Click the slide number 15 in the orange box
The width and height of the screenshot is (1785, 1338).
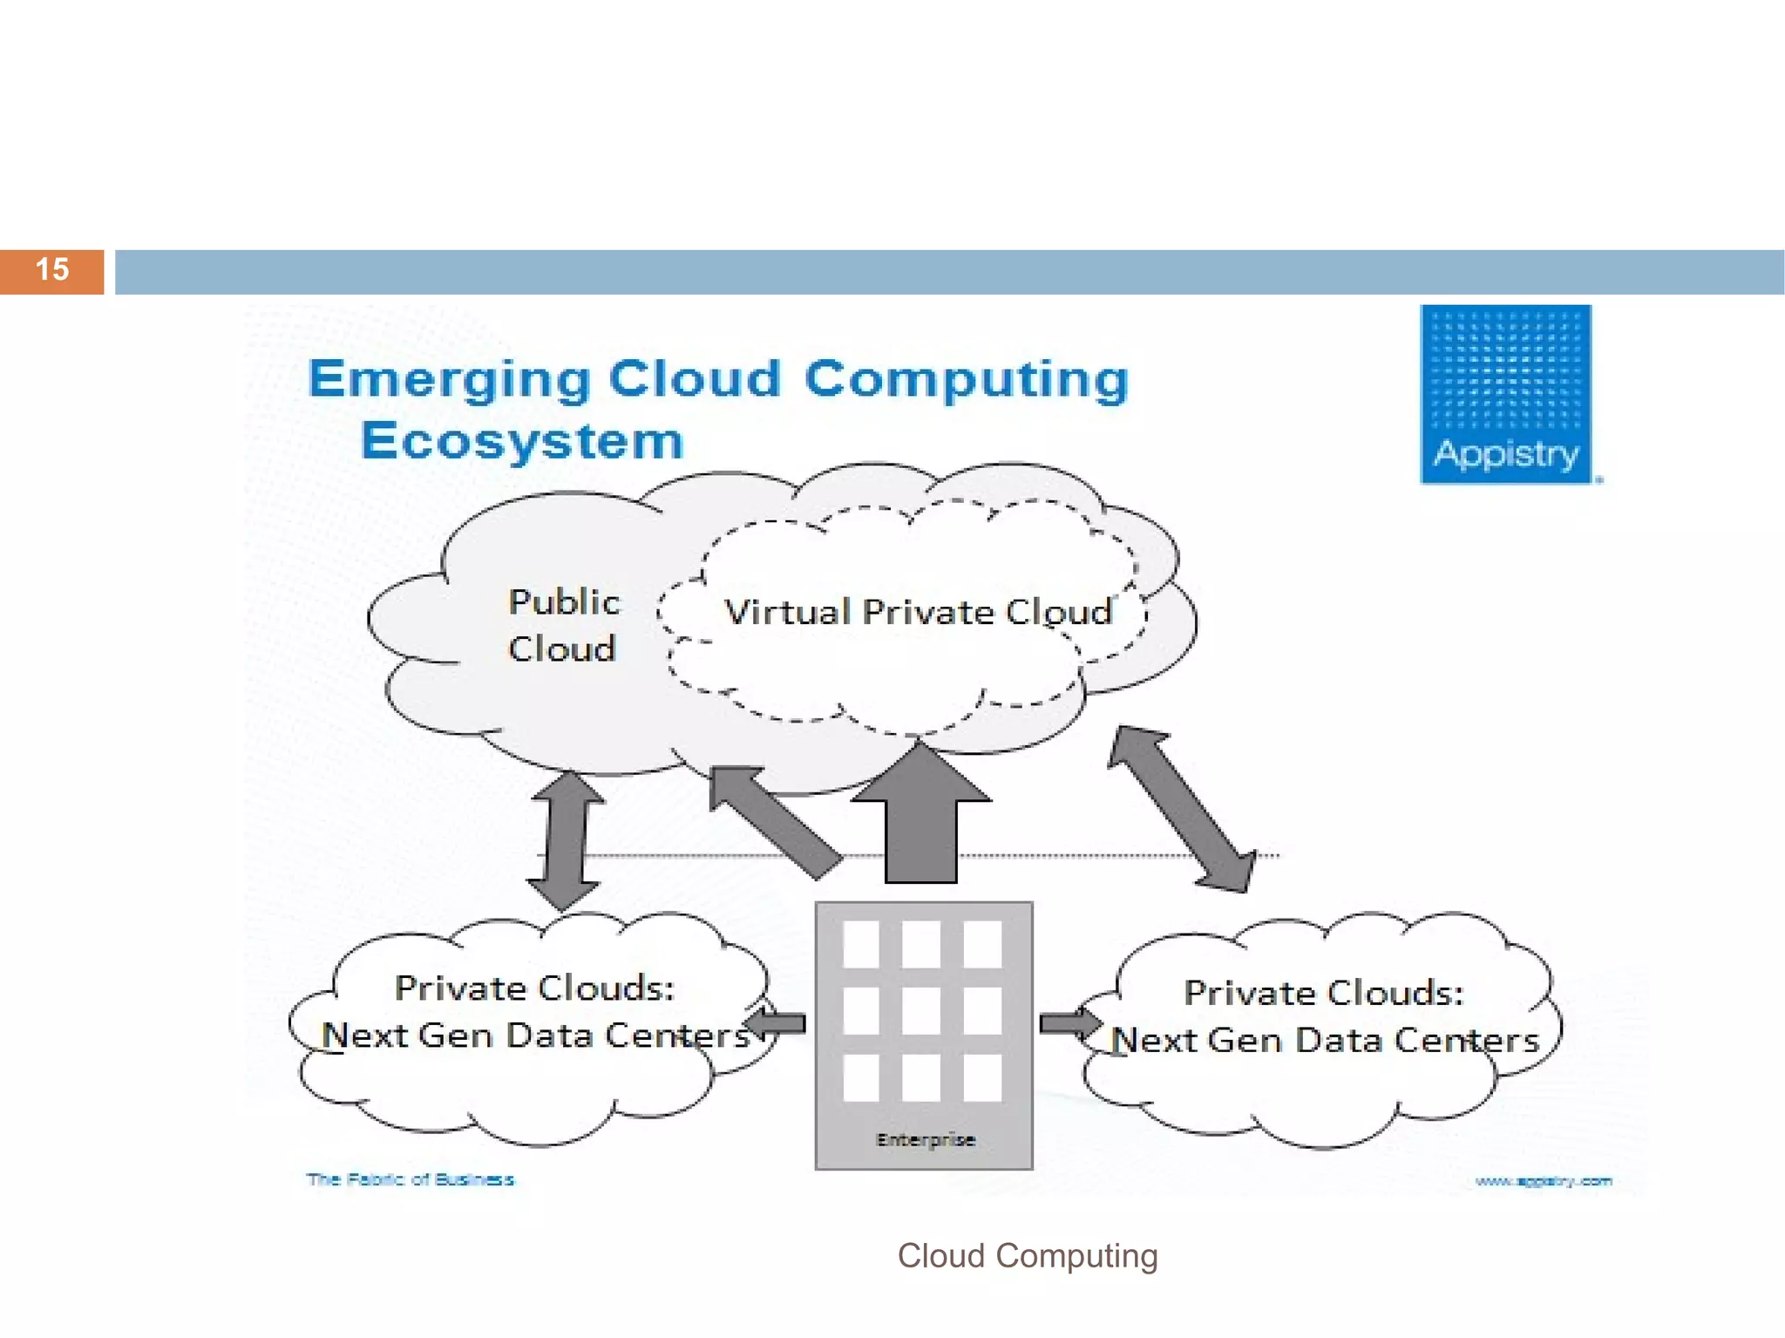click(52, 270)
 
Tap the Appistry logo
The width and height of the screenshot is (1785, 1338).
click(1505, 394)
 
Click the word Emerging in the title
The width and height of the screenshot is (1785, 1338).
click(450, 380)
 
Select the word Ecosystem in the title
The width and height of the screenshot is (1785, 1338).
click(523, 441)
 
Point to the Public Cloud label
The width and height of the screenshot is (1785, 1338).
click(563, 625)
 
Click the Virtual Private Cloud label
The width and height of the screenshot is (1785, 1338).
click(918, 612)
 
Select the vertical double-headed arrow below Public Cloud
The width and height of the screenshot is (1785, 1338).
click(565, 839)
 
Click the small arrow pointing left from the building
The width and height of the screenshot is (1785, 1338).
click(776, 1023)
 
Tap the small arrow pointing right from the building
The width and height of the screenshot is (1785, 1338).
click(1070, 1022)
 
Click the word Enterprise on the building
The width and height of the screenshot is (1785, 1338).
click(925, 1139)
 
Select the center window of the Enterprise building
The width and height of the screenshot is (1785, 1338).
click(921, 1011)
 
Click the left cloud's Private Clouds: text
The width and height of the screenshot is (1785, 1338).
click(534, 988)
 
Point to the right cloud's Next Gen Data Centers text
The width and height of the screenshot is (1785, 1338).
click(1325, 1041)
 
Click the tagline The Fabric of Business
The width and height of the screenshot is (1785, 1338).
click(410, 1179)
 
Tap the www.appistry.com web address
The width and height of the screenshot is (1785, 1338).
click(1543, 1181)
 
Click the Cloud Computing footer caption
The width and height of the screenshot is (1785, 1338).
click(1028, 1256)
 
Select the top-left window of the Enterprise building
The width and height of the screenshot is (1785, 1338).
click(861, 945)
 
